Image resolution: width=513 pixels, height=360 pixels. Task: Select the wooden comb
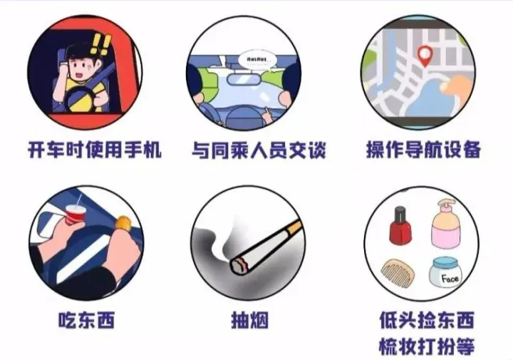pyautogui.click(x=398, y=272)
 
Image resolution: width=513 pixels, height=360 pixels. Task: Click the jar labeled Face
pyautogui.click(x=445, y=272)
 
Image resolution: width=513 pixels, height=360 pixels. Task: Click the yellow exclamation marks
pyautogui.click(x=100, y=43)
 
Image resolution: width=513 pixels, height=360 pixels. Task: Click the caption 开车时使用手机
pyautogui.click(x=95, y=150)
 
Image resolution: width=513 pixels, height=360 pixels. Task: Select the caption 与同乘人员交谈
pyautogui.click(x=259, y=150)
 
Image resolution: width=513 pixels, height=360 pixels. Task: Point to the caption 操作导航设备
pyautogui.click(x=423, y=150)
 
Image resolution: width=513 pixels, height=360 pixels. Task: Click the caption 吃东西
pyautogui.click(x=87, y=320)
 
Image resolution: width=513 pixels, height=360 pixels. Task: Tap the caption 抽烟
pyautogui.click(x=249, y=320)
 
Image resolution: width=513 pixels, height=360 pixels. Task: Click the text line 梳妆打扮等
pyautogui.click(x=427, y=346)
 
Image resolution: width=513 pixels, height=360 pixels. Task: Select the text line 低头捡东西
pyautogui.click(x=427, y=320)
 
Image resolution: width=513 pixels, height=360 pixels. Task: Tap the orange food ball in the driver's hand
pyautogui.click(x=124, y=223)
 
